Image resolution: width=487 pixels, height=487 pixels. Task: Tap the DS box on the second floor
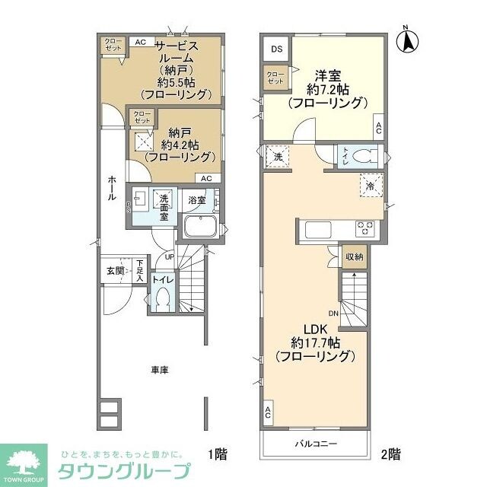pyautogui.click(x=276, y=49)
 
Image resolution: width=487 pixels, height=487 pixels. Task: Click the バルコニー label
pyautogui.click(x=316, y=444)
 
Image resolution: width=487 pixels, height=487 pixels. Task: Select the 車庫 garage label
pyautogui.click(x=159, y=370)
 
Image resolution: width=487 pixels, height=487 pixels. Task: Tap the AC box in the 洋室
pyautogui.click(x=378, y=129)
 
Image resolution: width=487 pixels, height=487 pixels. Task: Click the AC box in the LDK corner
pyautogui.click(x=269, y=414)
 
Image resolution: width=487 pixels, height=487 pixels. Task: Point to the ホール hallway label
pyautogui.click(x=112, y=187)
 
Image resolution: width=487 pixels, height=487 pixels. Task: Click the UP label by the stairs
pyautogui.click(x=169, y=258)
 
